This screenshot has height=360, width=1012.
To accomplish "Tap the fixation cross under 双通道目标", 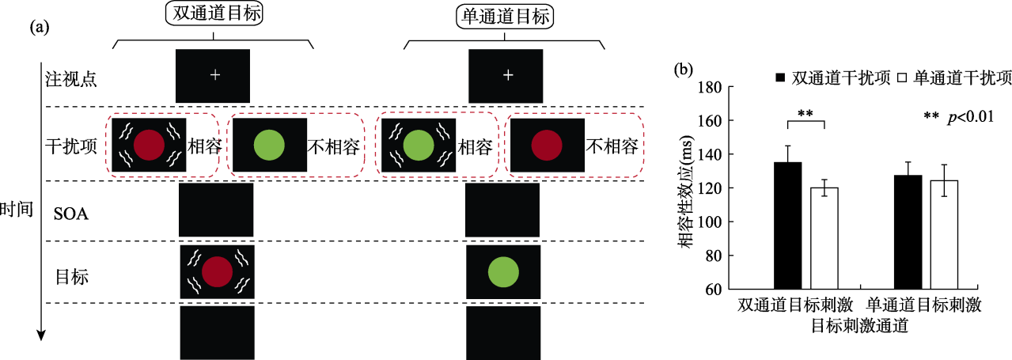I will [x=214, y=75].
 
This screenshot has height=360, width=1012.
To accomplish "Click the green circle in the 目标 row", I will [x=503, y=272].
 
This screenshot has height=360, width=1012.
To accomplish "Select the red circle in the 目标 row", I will [x=217, y=272].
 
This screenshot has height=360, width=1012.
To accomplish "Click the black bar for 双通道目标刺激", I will [x=787, y=225].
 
